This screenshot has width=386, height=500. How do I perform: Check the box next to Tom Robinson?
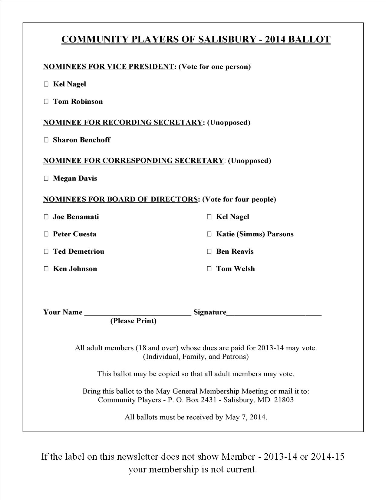tap(46, 102)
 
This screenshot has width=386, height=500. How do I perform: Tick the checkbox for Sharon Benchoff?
tap(46, 140)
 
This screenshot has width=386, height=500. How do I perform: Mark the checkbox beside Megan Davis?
tap(46, 178)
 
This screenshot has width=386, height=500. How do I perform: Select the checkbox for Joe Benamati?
tap(46, 217)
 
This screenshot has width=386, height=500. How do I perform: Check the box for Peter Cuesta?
tap(46, 234)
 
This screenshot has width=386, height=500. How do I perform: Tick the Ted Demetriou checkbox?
tap(46, 252)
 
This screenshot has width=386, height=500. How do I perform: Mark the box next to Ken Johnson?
tap(46, 269)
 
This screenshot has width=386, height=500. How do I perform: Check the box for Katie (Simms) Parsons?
tap(209, 234)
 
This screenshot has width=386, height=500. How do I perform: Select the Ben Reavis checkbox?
tap(209, 252)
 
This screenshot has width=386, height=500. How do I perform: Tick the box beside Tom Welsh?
tap(209, 269)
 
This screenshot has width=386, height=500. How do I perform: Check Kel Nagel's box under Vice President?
tap(46, 84)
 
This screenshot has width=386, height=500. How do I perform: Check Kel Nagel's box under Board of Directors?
tap(209, 217)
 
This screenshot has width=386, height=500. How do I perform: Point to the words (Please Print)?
tap(133, 321)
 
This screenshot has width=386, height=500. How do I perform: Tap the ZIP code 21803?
tap(284, 400)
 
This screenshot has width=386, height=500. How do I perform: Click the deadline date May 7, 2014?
tap(246, 417)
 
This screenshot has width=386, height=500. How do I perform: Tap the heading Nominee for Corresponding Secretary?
tap(134, 161)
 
